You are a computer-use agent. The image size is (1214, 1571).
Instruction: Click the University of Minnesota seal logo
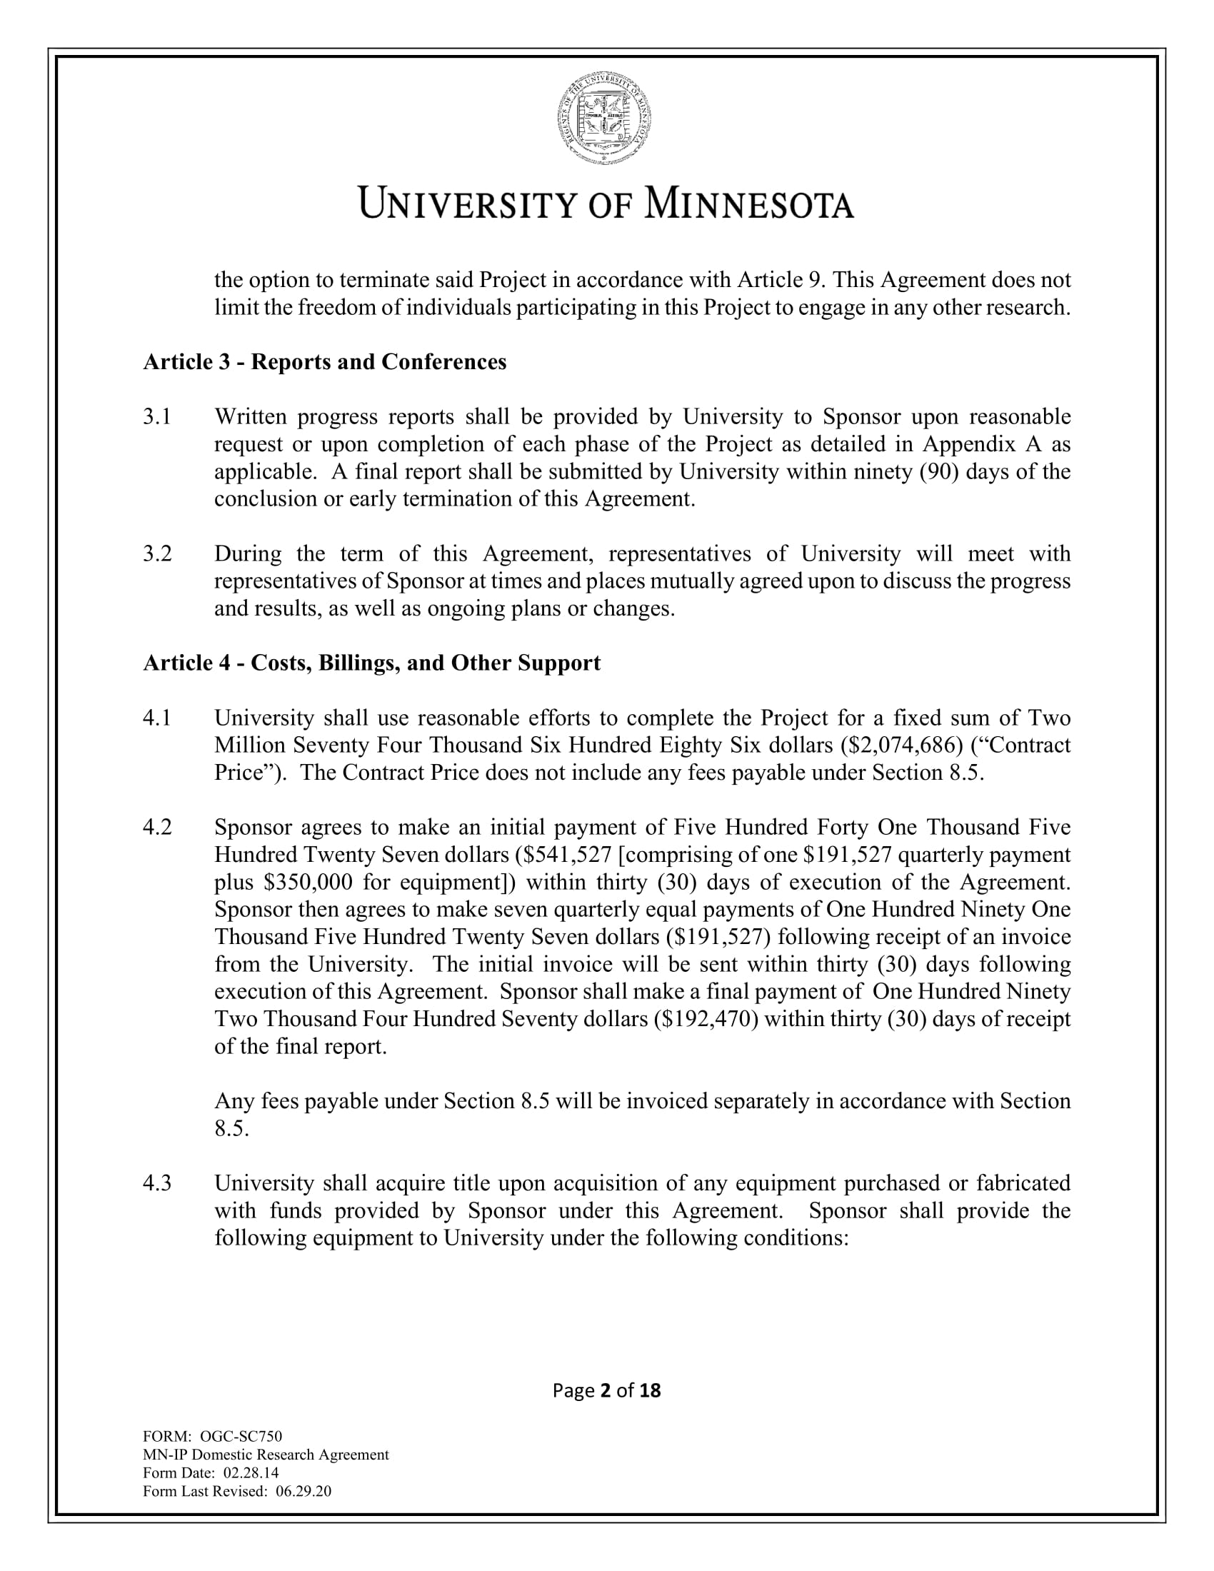click(605, 117)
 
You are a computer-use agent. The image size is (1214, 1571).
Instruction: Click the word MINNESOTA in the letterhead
click(748, 204)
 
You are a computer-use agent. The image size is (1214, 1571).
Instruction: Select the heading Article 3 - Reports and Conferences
click(324, 362)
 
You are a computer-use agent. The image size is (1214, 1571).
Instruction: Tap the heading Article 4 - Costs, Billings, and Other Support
click(371, 663)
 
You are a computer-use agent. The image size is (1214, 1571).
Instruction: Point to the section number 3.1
click(157, 416)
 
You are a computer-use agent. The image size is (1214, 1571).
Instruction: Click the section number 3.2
click(157, 553)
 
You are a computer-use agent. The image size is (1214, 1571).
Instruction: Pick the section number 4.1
click(157, 718)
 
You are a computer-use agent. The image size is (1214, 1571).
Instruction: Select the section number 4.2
click(157, 827)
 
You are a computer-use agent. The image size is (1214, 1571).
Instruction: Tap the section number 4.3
click(157, 1183)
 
